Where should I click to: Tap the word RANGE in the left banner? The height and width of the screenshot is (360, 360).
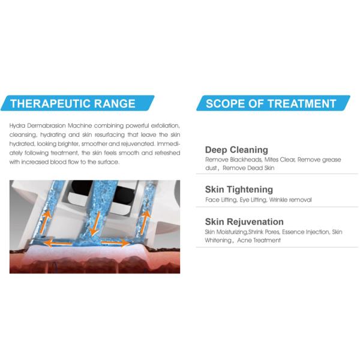coord(115,104)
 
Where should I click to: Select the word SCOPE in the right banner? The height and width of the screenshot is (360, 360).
coord(226,104)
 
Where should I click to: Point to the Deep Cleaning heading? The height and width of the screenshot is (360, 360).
coord(236,150)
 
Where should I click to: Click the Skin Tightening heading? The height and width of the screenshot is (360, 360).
coord(239,190)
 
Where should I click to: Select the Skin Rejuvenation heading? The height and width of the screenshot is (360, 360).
coord(244,222)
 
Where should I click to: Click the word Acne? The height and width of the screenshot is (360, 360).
coord(244,241)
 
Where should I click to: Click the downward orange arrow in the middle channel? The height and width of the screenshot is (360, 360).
coord(95,223)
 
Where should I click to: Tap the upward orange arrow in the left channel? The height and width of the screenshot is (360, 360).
coord(46,221)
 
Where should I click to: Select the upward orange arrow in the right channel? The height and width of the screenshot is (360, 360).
coord(145,221)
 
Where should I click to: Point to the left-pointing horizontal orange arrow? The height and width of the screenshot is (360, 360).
coord(58,243)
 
